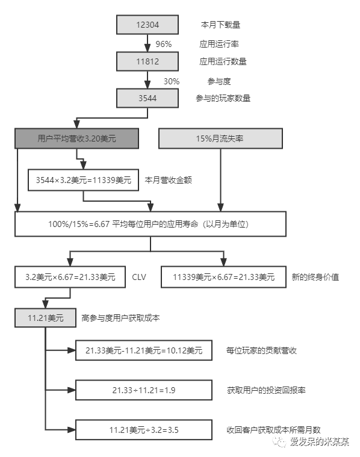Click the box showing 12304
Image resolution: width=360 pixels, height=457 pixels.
(x=147, y=25)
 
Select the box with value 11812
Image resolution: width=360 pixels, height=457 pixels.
(x=147, y=61)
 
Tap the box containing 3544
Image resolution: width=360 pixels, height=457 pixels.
(x=147, y=98)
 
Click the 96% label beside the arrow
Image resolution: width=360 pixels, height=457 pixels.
(x=164, y=44)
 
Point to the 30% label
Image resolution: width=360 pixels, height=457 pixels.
(x=172, y=81)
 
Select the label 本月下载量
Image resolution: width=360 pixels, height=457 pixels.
(x=220, y=25)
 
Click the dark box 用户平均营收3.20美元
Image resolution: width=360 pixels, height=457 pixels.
(x=76, y=138)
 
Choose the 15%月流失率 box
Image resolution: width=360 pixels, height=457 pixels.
(x=220, y=138)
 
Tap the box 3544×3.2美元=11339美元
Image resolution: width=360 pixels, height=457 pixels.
(x=83, y=180)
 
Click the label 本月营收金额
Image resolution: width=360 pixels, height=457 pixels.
(x=168, y=180)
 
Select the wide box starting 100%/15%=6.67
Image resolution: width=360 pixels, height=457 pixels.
(x=151, y=224)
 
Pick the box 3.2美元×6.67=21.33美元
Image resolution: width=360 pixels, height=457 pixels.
(x=70, y=277)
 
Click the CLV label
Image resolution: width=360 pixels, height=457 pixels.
(x=139, y=277)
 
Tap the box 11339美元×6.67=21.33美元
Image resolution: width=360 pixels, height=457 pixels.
(x=223, y=277)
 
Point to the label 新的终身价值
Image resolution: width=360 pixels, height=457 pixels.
(x=315, y=277)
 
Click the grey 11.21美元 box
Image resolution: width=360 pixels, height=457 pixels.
(x=46, y=318)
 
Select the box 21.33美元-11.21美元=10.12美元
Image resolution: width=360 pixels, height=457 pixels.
(x=144, y=350)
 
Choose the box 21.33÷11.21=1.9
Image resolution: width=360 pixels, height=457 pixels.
(x=144, y=390)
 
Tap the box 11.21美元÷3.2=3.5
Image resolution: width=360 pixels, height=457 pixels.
(x=144, y=430)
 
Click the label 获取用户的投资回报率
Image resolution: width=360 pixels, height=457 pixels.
(x=266, y=390)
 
